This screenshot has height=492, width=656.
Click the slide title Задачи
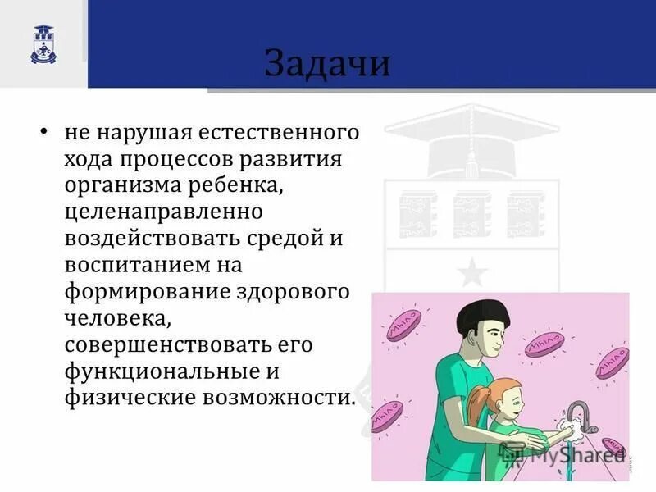pos(326,63)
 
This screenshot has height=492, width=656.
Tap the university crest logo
pos(43,43)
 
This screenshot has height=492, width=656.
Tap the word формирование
pos(152,292)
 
